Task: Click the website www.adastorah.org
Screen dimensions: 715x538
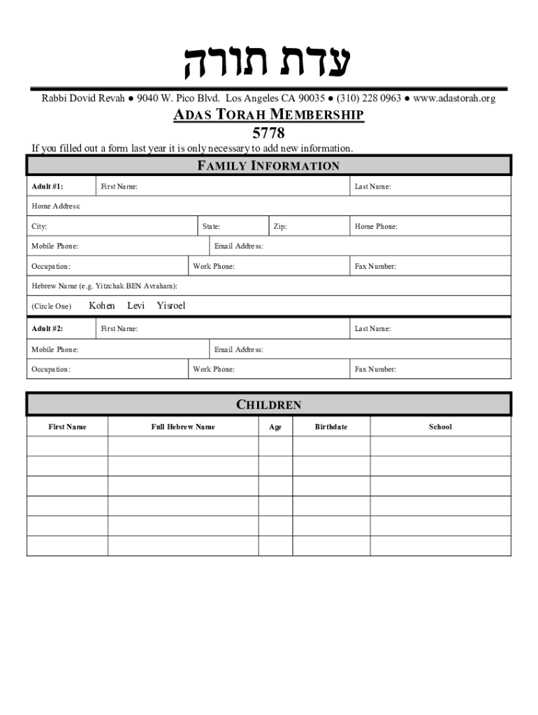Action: pyautogui.click(x=454, y=98)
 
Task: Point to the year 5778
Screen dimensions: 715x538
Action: pyautogui.click(x=268, y=132)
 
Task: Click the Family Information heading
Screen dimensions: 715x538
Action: pyautogui.click(x=269, y=165)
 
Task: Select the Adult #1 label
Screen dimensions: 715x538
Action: pyautogui.click(x=48, y=186)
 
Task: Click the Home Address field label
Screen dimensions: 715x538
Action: pyautogui.click(x=56, y=206)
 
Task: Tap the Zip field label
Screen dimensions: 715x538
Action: pyautogui.click(x=279, y=226)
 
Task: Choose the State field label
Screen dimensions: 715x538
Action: pyautogui.click(x=211, y=226)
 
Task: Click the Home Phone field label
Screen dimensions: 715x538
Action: pyautogui.click(x=376, y=226)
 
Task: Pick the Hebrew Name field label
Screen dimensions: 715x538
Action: pyautogui.click(x=104, y=286)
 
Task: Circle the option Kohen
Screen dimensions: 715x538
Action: pyautogui.click(x=102, y=306)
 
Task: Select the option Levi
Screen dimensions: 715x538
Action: pyautogui.click(x=136, y=306)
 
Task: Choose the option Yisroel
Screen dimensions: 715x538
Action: pyautogui.click(x=171, y=306)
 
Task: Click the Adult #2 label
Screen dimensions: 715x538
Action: pyautogui.click(x=48, y=328)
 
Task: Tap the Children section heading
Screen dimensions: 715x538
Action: pyautogui.click(x=269, y=405)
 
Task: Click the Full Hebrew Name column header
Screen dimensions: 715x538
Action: pyautogui.click(x=183, y=427)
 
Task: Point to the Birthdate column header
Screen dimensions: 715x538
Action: pyautogui.click(x=330, y=427)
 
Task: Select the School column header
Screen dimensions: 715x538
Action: pyautogui.click(x=440, y=427)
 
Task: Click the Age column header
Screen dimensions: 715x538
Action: pyautogui.click(x=275, y=427)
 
